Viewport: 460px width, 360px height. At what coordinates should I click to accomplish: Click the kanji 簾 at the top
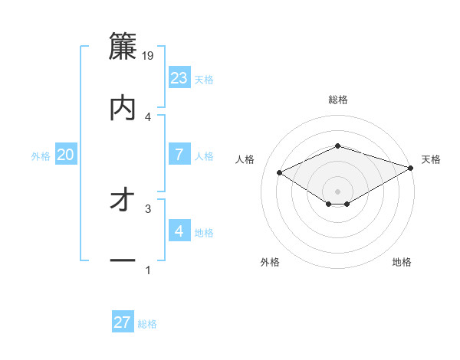coord(123,47)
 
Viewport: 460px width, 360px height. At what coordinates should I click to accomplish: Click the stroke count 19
coord(149,56)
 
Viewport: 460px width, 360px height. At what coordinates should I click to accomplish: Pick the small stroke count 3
coord(148,208)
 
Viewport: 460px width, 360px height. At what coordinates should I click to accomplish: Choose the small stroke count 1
coord(148,270)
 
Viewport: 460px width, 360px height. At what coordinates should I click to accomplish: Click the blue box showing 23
coord(179,78)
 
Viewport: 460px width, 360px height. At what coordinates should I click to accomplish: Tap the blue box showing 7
coord(179,155)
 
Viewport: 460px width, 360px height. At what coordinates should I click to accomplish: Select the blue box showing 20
coord(66,155)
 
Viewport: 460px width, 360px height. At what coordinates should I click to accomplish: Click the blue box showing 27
coord(123,322)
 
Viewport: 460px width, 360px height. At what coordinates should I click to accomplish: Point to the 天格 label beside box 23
coord(204,80)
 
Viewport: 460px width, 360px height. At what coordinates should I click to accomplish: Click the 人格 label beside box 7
coord(204,156)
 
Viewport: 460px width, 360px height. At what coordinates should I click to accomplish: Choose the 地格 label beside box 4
coord(204,233)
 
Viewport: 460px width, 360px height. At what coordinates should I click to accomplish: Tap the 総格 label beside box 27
coord(147,324)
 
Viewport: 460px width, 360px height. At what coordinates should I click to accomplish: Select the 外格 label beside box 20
coord(41,156)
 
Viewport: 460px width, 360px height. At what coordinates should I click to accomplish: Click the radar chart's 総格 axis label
coord(338,100)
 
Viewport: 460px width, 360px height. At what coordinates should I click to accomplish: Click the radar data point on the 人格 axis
coord(280,172)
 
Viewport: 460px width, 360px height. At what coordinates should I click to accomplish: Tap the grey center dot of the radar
coord(338,191)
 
